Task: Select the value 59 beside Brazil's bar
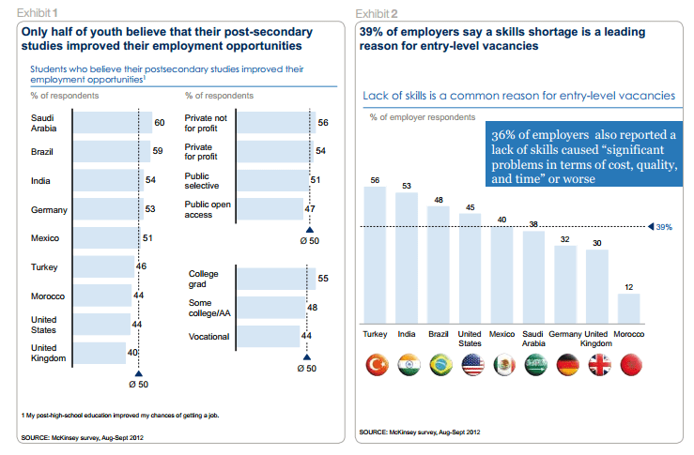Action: click(159, 151)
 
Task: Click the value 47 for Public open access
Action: click(311, 209)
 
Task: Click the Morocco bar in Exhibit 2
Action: click(628, 308)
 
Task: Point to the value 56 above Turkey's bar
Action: click(376, 179)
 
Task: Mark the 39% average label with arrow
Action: click(662, 227)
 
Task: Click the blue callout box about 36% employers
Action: click(579, 157)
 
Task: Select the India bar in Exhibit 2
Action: click(407, 257)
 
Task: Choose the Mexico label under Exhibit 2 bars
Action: click(502, 333)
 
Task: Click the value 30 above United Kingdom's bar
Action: click(596, 243)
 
